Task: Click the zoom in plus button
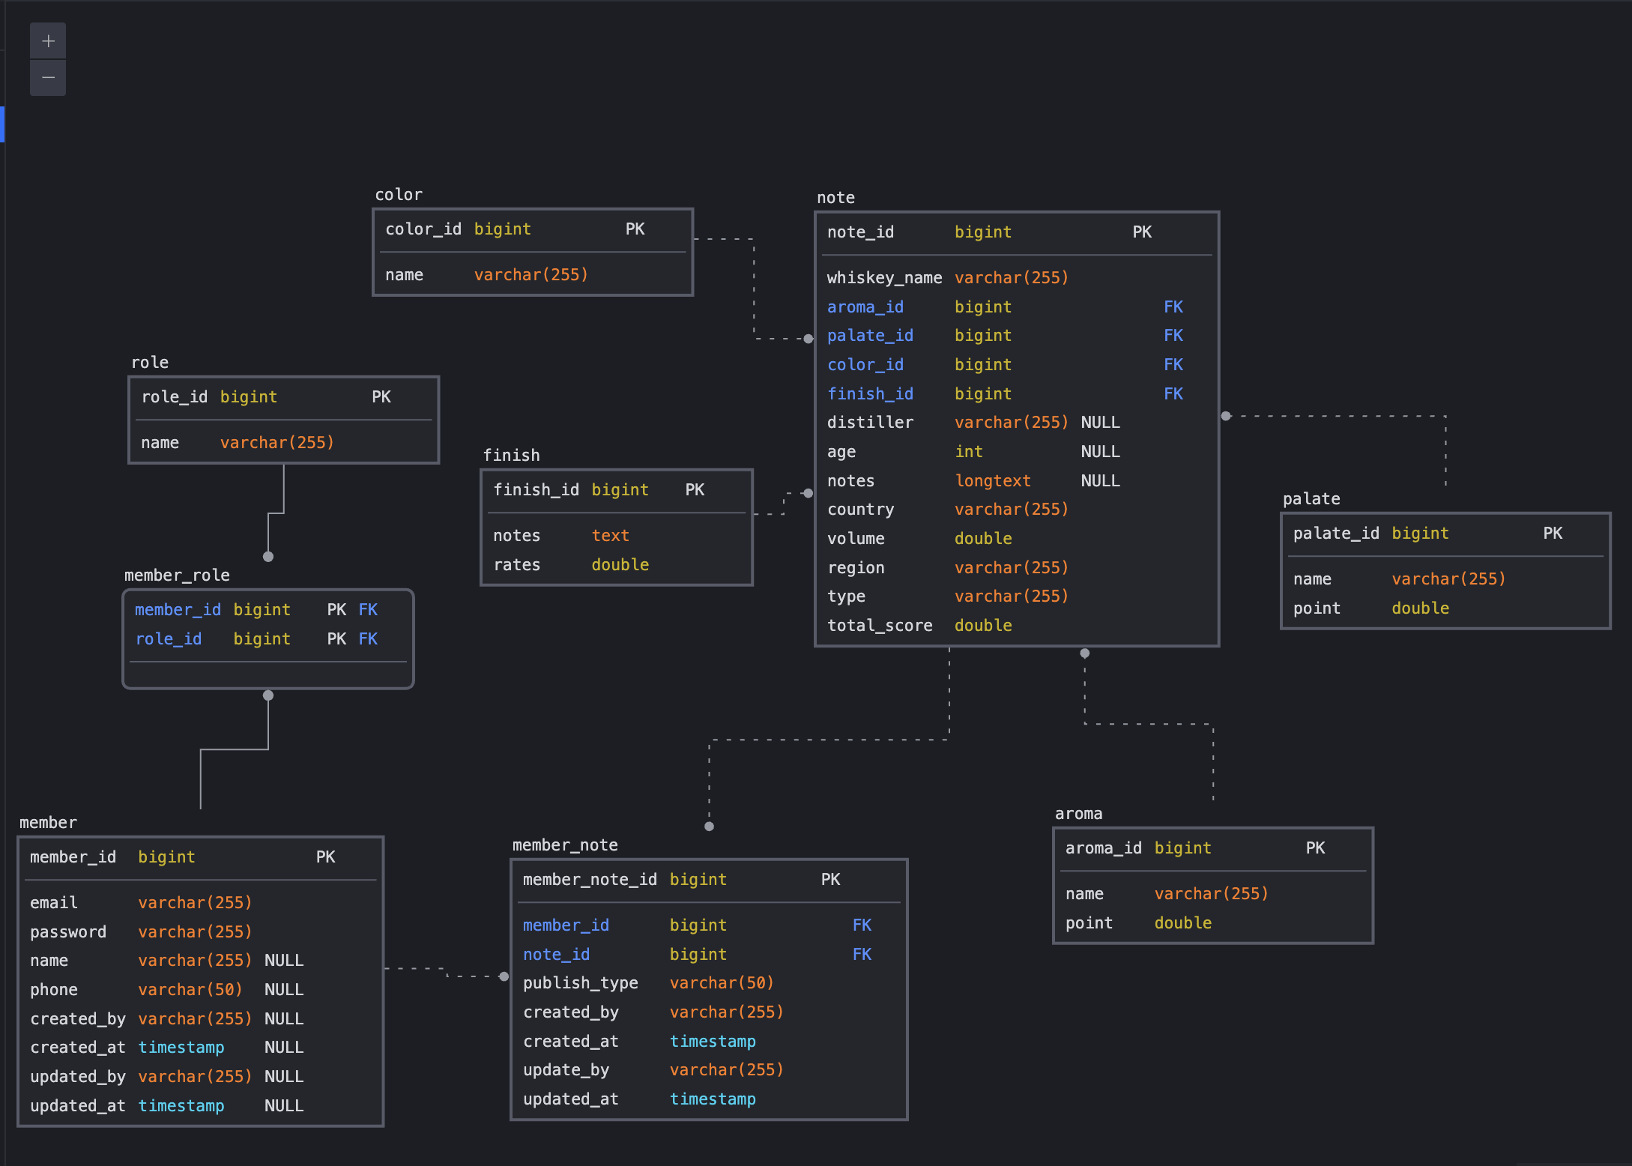click(x=48, y=41)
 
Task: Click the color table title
click(x=399, y=195)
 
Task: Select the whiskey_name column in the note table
click(x=884, y=278)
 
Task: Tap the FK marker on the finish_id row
click(x=1173, y=394)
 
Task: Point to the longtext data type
click(x=993, y=481)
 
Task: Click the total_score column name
click(x=880, y=626)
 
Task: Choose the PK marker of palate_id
click(x=1553, y=534)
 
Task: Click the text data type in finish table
click(x=610, y=536)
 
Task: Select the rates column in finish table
click(x=516, y=565)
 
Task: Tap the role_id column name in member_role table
click(x=169, y=639)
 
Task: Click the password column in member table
click(x=68, y=932)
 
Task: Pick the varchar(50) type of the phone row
click(x=190, y=990)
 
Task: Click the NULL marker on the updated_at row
click(x=284, y=1106)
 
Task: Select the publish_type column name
click(x=580, y=983)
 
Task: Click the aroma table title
click(x=1078, y=814)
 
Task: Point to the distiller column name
click(x=870, y=423)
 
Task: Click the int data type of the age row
click(x=968, y=452)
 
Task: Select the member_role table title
click(x=177, y=576)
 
